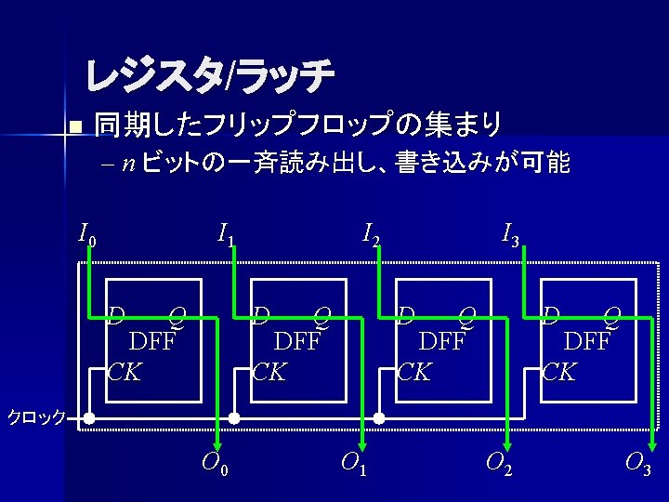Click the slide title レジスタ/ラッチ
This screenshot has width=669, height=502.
tap(209, 77)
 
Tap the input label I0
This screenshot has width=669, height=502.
tap(86, 234)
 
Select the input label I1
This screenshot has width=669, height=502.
tap(226, 234)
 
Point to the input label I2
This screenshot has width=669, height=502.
tap(371, 234)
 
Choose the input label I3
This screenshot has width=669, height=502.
tap(510, 234)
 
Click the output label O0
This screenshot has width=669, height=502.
tap(214, 461)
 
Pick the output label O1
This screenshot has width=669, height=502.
tap(353, 461)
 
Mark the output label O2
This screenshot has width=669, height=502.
tap(498, 461)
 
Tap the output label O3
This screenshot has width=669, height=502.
tap(637, 461)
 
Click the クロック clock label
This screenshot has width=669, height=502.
tap(35, 417)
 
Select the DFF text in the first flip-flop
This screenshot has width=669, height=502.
tap(152, 341)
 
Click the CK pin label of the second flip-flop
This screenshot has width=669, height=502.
tap(269, 373)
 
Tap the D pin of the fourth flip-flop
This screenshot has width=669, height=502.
tap(552, 314)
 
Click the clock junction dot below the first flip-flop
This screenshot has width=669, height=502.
tap(89, 418)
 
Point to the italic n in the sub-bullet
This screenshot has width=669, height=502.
tap(127, 165)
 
